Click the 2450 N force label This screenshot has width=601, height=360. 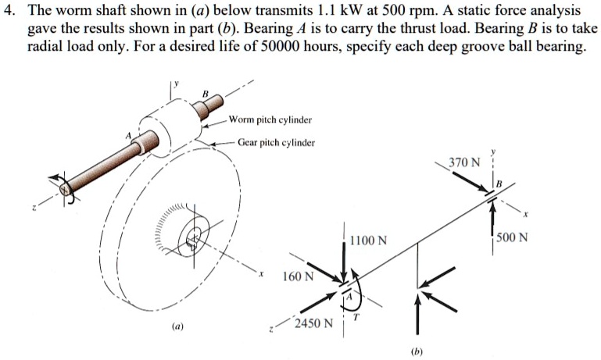[x=313, y=323]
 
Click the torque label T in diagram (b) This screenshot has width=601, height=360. [x=356, y=319]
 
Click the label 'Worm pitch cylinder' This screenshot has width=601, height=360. [x=270, y=120]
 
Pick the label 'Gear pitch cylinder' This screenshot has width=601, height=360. [x=277, y=143]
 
